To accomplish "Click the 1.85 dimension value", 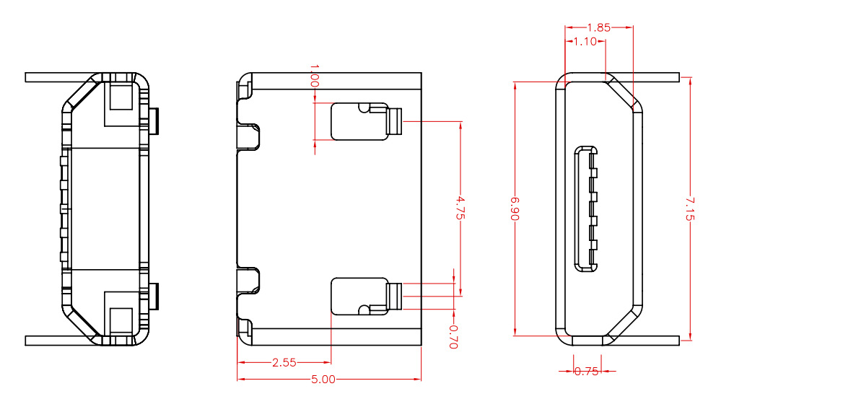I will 598,27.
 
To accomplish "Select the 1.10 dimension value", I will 584,42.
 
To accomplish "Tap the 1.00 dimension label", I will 314,76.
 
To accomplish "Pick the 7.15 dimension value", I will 690,208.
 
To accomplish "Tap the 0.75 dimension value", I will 586,372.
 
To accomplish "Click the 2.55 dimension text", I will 284,363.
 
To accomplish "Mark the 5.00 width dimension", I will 323,379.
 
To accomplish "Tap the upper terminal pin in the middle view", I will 394,121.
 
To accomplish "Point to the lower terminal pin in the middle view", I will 394,297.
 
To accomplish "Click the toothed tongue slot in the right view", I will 587,209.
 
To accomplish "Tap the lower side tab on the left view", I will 154,296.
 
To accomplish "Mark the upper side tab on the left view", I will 154,120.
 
